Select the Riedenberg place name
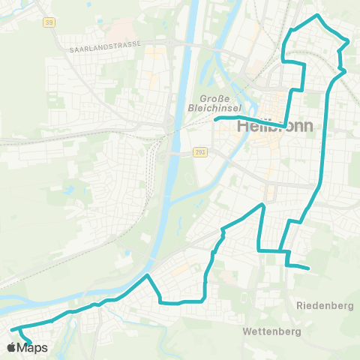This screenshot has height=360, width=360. (325, 305)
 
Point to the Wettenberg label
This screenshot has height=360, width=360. (272, 331)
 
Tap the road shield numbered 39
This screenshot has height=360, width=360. (49, 23)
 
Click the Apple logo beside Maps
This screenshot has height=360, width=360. (12, 348)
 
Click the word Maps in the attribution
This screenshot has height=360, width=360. (33, 348)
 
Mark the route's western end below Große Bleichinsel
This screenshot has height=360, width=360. (216, 119)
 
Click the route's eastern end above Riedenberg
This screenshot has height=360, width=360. (309, 268)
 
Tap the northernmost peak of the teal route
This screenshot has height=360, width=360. (318, 15)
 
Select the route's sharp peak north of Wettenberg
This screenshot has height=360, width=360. (262, 204)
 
